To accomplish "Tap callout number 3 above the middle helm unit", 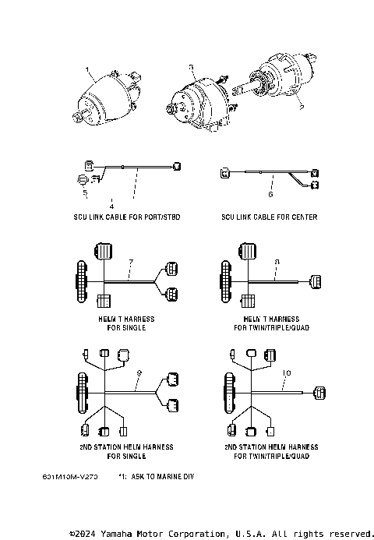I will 190,69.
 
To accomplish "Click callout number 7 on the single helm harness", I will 131,259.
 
